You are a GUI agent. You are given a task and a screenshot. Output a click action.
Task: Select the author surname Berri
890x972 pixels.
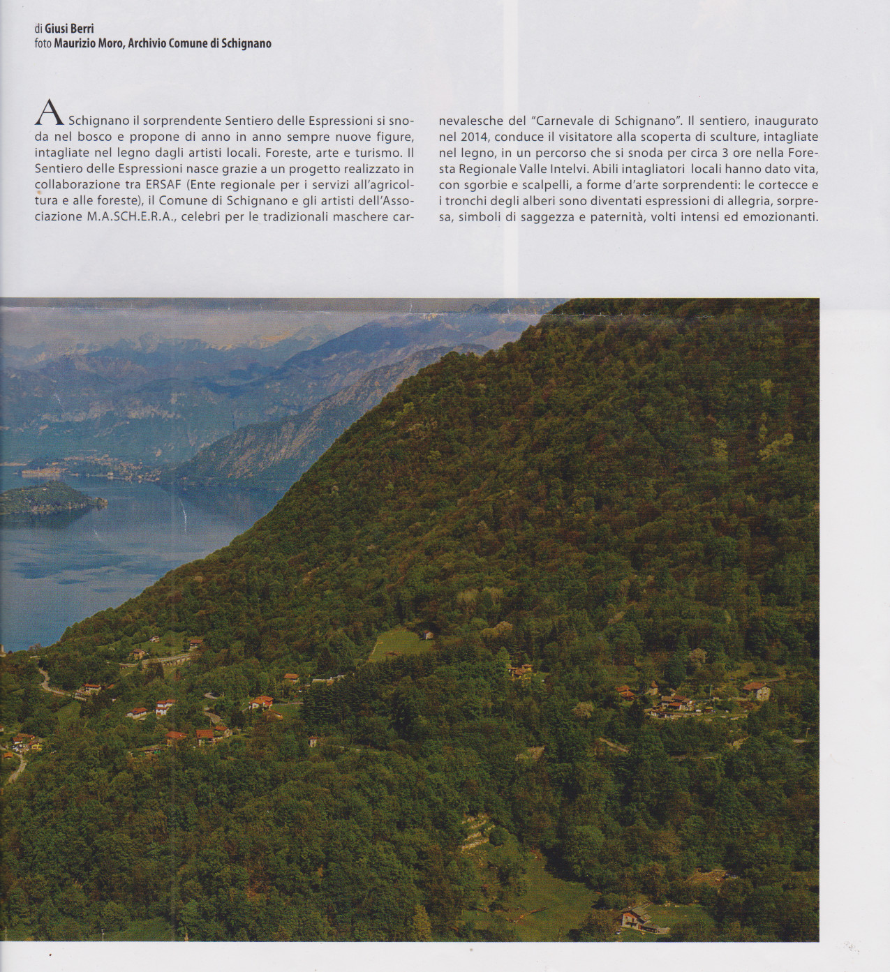click(80, 29)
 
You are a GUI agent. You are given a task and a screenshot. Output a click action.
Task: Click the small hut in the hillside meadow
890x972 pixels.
click(427, 634)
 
